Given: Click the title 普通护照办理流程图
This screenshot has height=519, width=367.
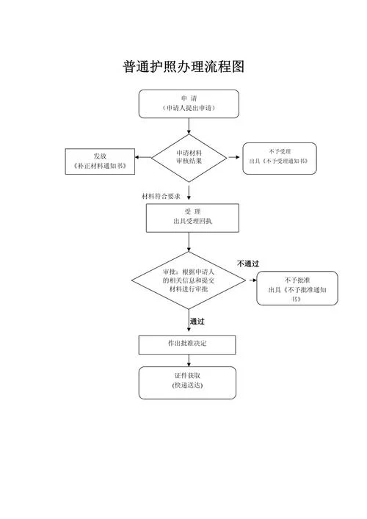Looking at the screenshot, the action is [x=183, y=67].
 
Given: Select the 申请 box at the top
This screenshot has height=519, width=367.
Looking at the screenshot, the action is [x=189, y=104].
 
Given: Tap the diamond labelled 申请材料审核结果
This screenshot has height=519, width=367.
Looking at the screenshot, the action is [x=189, y=158].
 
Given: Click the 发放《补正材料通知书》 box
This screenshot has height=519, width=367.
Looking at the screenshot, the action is [x=100, y=161].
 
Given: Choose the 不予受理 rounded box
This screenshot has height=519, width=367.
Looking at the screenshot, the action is [x=280, y=159].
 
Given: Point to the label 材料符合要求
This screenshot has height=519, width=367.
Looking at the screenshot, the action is [x=161, y=196].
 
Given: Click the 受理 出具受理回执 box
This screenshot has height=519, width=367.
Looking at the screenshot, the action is [x=192, y=218].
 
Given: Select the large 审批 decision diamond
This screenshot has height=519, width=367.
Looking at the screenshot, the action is [x=189, y=280].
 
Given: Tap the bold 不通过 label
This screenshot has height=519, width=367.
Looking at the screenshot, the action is [x=248, y=264].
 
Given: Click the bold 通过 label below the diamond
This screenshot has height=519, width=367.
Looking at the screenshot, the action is [x=197, y=322].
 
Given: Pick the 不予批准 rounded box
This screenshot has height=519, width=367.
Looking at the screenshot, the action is [x=297, y=288].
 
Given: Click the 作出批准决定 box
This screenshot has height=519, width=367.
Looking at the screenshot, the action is [x=187, y=345].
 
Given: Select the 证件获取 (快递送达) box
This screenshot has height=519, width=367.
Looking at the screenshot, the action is [x=187, y=382].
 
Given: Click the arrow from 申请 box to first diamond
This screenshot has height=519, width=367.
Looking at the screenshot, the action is [x=189, y=126].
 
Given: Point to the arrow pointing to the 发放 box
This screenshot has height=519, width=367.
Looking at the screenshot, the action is [x=143, y=157].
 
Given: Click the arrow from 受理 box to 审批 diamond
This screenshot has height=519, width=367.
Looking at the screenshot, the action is [x=189, y=242].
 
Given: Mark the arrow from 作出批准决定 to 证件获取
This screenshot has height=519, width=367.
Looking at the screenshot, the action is [x=189, y=360].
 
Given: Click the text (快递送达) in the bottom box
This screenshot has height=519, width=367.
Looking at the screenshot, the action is [x=187, y=385].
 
